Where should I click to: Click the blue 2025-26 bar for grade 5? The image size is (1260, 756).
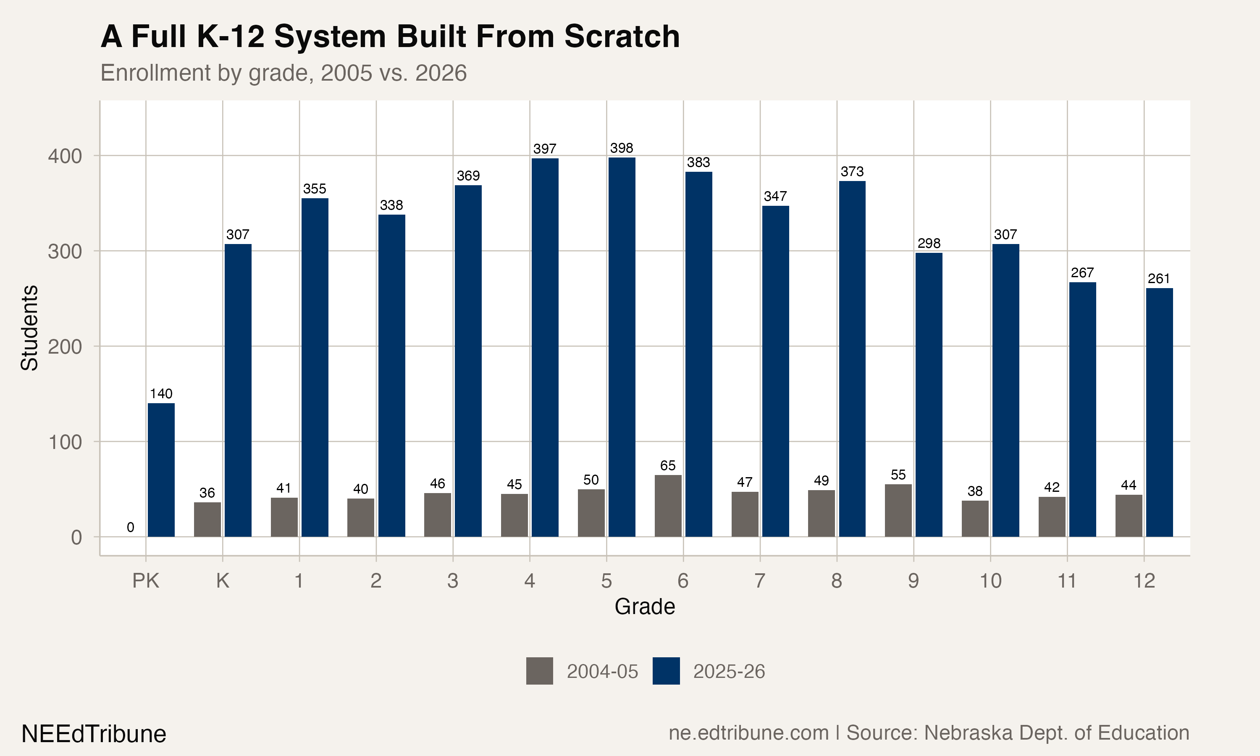click(x=622, y=346)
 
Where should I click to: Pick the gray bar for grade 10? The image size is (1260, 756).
click(x=975, y=518)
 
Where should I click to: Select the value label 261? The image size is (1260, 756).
click(x=1159, y=278)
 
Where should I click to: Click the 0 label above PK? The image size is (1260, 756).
click(x=130, y=527)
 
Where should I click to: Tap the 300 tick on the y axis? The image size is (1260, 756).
click(x=65, y=252)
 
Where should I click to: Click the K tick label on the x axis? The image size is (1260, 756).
click(x=223, y=581)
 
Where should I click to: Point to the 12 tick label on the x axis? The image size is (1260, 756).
click(x=1144, y=581)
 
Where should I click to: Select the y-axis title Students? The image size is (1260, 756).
click(x=29, y=328)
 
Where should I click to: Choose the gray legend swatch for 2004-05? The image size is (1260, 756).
click(x=539, y=671)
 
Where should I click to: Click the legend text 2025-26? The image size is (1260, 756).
click(x=729, y=672)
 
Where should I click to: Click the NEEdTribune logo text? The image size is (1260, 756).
click(x=94, y=734)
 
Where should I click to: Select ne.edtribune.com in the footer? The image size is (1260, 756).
click(x=748, y=733)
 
